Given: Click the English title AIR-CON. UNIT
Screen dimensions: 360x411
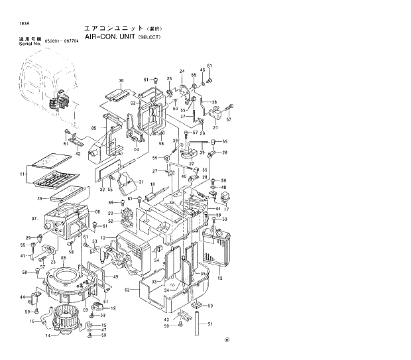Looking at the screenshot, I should (109, 38).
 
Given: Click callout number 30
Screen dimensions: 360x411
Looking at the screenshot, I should (121, 81).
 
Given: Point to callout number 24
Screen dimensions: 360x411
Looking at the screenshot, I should (182, 71).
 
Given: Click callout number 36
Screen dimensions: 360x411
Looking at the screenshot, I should (40, 198).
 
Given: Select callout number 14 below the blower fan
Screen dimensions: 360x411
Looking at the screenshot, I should (47, 336).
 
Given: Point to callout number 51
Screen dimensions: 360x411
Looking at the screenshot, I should (210, 324).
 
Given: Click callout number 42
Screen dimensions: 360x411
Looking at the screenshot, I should (78, 153).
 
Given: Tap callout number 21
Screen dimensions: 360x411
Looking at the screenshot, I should (215, 127).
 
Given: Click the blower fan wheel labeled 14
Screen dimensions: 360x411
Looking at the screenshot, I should (68, 318).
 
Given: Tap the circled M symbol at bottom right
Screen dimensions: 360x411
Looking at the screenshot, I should (226, 341).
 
